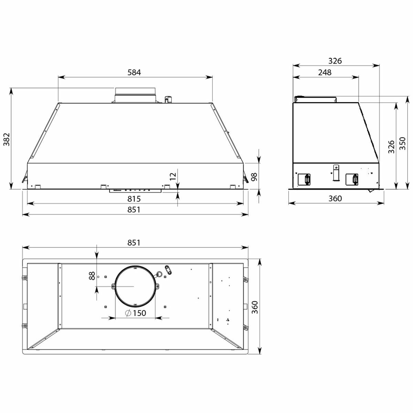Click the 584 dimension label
[135, 72]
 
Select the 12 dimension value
[173, 176]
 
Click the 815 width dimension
[134, 199]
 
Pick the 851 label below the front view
[134, 209]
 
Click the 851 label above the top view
[134, 242]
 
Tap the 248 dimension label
[325, 72]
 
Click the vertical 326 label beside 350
[391, 147]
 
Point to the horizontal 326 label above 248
[335, 61]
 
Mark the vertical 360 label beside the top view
[254, 307]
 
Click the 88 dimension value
[92, 276]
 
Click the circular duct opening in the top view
[135, 286]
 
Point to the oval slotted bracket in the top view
[169, 270]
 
